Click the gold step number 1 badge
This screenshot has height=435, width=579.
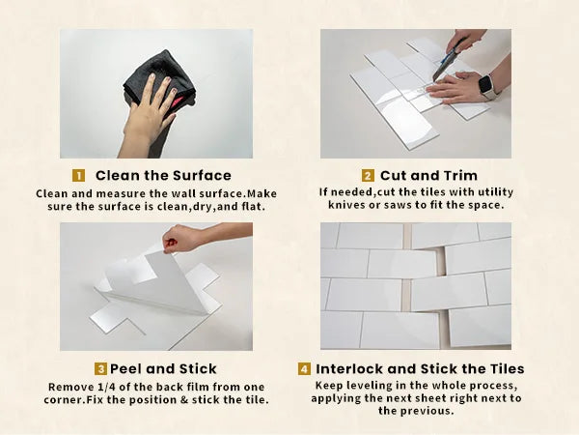click(x=78, y=175)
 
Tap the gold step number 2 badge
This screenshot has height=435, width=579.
click(x=368, y=175)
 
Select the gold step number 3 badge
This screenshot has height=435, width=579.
click(x=100, y=369)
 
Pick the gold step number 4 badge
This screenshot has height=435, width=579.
click(x=304, y=369)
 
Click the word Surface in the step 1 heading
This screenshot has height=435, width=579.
click(x=202, y=175)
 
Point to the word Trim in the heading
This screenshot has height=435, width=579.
click(x=460, y=175)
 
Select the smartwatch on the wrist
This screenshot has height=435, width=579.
click(x=486, y=87)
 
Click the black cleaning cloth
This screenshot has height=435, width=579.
click(x=159, y=79)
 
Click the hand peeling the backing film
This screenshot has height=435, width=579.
click(x=184, y=239)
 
